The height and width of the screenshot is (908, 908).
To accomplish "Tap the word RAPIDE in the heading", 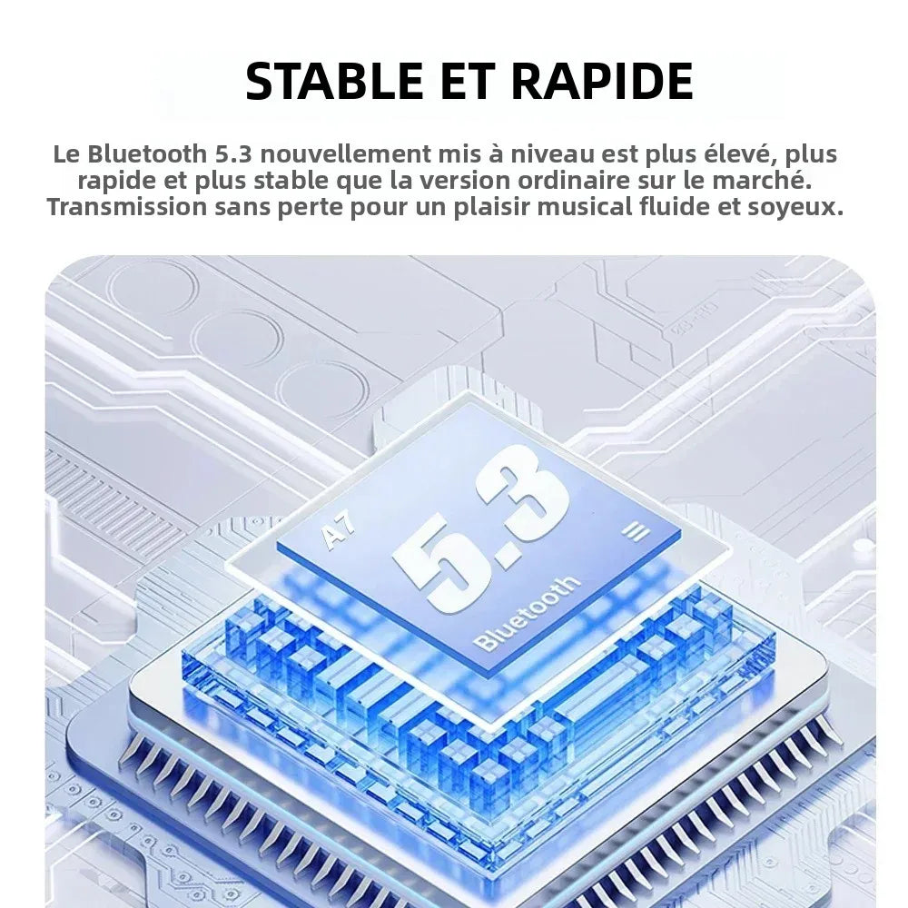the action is pyautogui.click(x=602, y=81).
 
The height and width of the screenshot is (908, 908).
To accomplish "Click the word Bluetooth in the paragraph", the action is pyautogui.click(x=147, y=154).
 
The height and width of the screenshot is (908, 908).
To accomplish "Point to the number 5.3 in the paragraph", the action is pyautogui.click(x=233, y=154).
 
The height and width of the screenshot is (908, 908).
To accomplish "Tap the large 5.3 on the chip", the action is pyautogui.click(x=480, y=526).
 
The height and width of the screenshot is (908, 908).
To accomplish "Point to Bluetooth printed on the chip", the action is pyautogui.click(x=526, y=614).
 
